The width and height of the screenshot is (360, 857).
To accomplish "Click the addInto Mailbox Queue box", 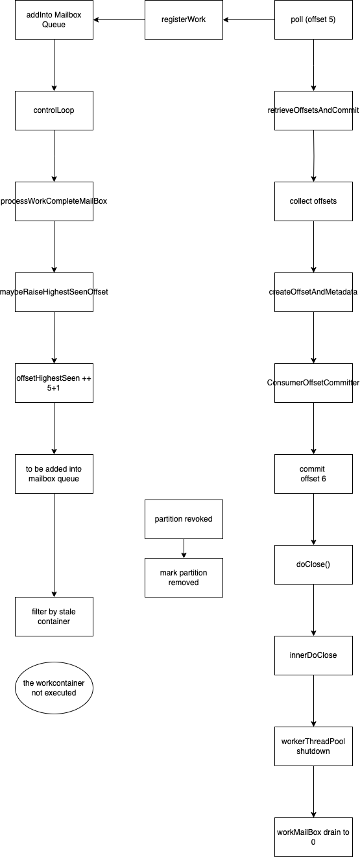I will (54, 19).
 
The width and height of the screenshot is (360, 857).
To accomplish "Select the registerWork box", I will (184, 19).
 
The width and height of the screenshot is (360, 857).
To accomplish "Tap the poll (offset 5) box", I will (313, 19).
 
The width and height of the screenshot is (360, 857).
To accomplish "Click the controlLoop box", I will (54, 110).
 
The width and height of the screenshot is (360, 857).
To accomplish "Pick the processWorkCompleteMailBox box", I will (54, 201).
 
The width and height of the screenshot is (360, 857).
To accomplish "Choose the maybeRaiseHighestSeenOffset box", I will (54, 292).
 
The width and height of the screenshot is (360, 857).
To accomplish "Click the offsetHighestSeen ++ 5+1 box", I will (54, 383).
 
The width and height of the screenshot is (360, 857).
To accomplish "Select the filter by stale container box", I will (54, 616).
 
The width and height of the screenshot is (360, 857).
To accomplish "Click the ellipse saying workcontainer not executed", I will (54, 688).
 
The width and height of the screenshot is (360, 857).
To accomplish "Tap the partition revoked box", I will (184, 519).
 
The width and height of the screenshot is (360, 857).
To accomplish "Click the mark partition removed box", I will (184, 577).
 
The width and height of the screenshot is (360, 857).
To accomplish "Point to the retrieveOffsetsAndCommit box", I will (313, 110).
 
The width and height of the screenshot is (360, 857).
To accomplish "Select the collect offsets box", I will (313, 201).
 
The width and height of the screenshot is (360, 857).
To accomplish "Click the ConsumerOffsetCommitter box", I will (313, 383).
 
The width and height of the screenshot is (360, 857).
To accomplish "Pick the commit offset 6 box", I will (313, 474).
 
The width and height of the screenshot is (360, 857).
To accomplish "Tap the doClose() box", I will (313, 564).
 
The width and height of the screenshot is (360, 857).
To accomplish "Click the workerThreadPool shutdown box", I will (313, 746).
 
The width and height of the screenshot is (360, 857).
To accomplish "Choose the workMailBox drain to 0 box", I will (313, 837).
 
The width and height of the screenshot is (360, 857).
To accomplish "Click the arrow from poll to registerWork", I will (249, 19).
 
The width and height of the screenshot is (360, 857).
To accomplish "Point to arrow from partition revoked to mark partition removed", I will (184, 548).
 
